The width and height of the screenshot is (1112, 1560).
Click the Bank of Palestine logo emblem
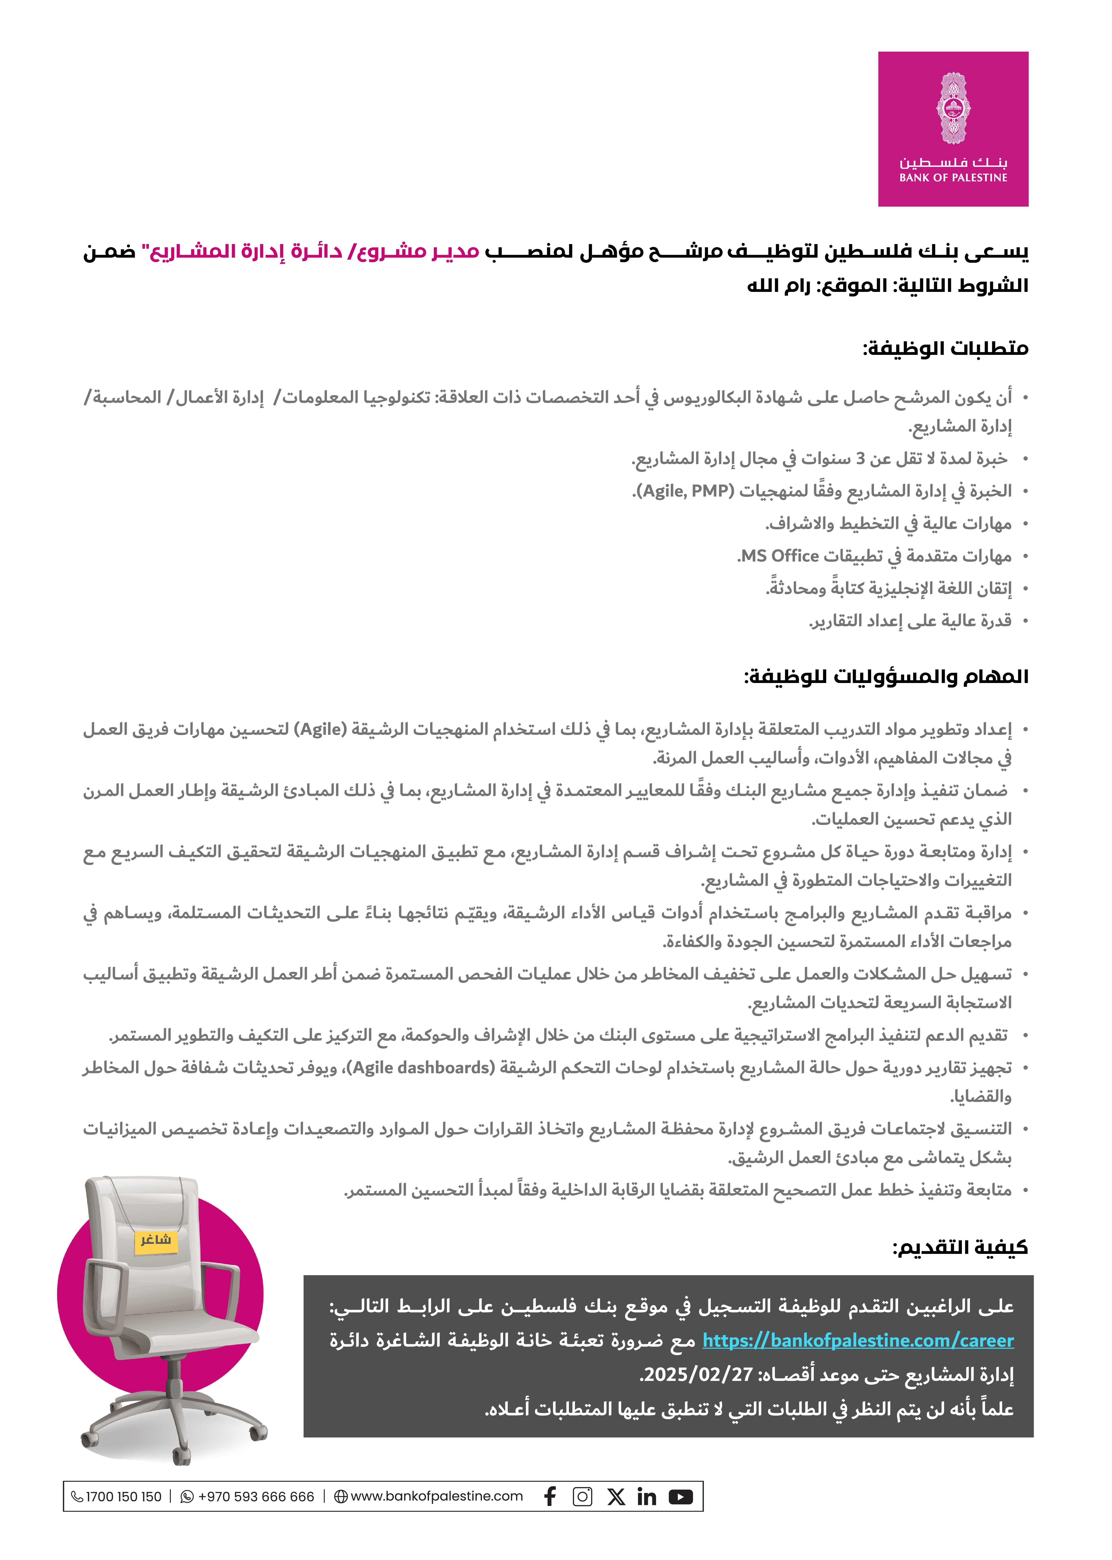[953, 108]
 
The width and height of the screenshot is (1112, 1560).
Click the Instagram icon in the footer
[583, 1496]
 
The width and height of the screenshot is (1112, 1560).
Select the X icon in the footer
[616, 1496]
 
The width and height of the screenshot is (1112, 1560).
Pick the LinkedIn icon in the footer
[646, 1496]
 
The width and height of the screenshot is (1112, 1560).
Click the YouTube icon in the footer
[681, 1496]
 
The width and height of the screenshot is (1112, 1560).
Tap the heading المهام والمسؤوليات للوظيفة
[887, 677]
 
